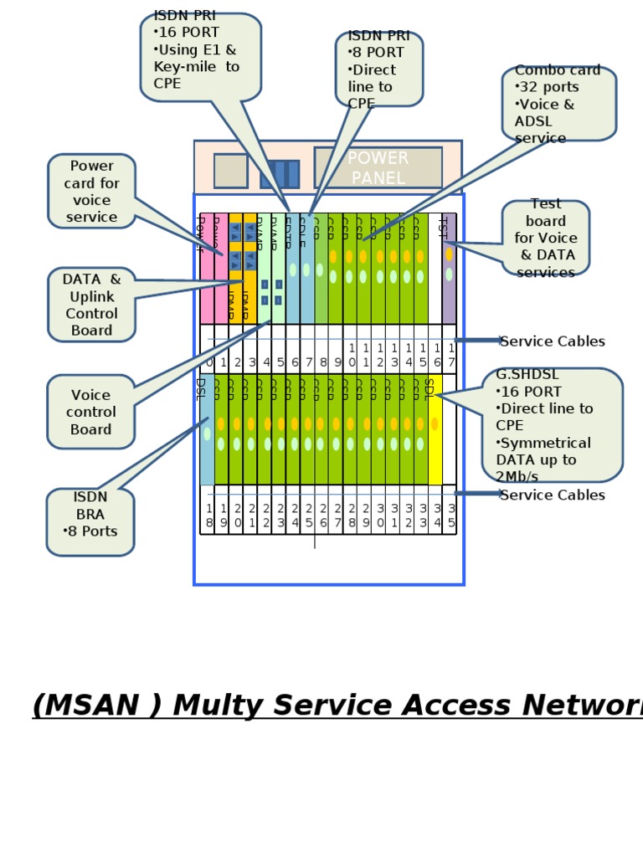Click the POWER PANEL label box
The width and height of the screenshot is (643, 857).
pos(378,167)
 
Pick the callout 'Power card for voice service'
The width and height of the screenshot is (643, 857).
pos(91,192)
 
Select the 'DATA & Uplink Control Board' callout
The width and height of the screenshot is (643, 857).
pos(91,305)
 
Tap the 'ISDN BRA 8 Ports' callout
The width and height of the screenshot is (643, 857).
pos(90,521)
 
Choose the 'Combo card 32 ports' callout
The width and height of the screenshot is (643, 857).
pos(558,104)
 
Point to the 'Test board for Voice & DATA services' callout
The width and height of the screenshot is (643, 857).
pos(546,238)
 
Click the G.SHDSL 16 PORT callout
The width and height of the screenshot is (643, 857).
pos(552,425)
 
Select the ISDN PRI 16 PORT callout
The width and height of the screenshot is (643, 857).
pos(200,57)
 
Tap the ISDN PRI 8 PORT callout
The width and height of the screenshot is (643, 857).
pos(378,69)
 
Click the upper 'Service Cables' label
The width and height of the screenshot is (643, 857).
pos(552,341)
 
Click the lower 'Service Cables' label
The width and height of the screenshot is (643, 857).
pos(552,495)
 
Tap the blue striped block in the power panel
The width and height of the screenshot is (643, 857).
pos(280,174)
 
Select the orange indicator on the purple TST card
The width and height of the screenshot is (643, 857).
pos(449,254)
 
